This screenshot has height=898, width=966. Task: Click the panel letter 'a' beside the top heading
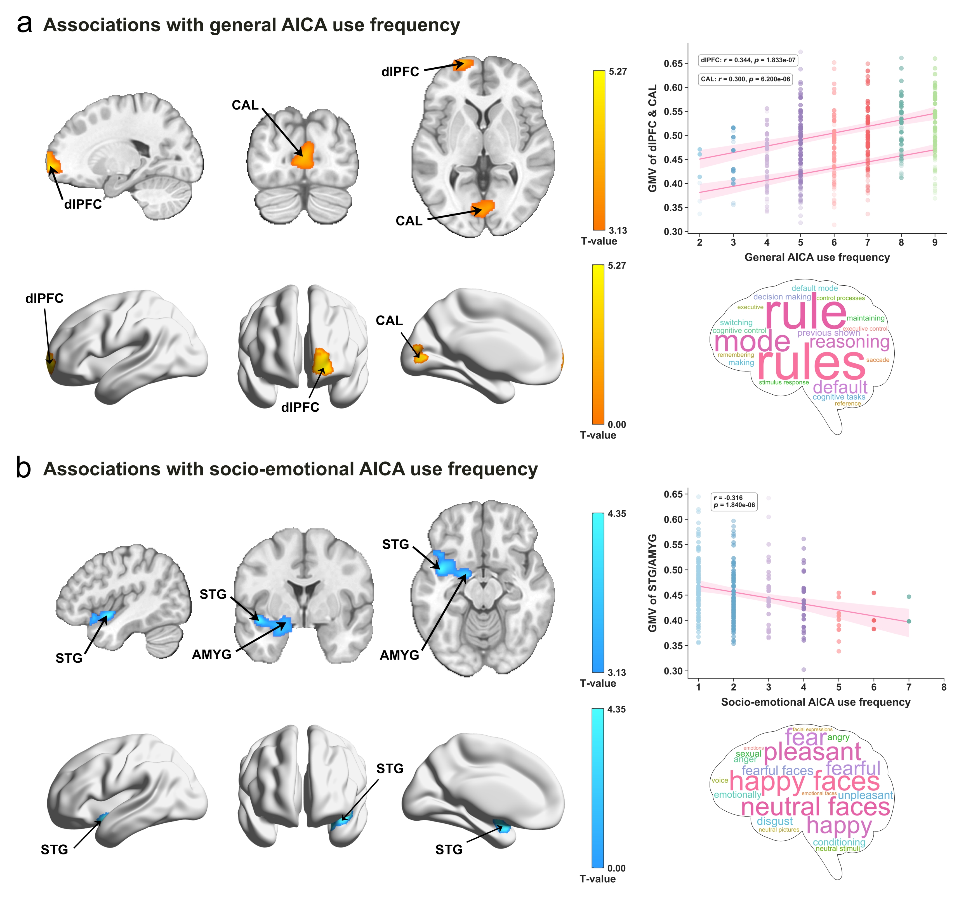click(24, 24)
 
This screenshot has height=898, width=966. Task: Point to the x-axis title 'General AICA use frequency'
click(817, 257)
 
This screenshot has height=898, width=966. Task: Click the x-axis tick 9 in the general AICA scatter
click(934, 242)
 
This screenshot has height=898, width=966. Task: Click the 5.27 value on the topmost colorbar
click(618, 72)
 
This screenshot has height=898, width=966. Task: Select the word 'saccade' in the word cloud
click(878, 360)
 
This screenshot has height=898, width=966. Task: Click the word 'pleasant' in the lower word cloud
click(812, 752)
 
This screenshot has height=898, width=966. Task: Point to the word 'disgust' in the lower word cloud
click(774, 821)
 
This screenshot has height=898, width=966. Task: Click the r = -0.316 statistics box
click(734, 501)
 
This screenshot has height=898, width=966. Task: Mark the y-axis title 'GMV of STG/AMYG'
click(652, 583)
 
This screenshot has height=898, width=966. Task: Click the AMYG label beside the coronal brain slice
click(211, 655)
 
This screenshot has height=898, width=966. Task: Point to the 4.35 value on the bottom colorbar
click(616, 710)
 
